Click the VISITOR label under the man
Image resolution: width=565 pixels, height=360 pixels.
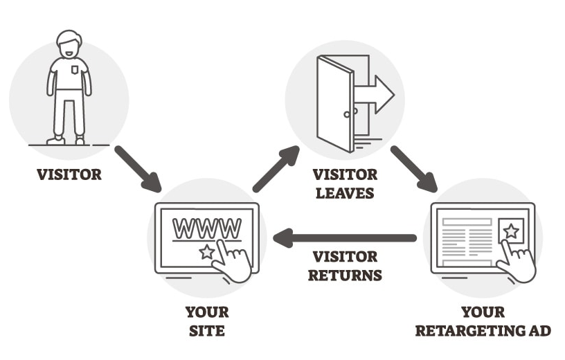69,174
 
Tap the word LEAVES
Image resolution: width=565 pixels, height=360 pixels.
344,192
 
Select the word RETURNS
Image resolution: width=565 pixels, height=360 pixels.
344,275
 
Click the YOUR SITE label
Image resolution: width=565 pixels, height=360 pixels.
208,321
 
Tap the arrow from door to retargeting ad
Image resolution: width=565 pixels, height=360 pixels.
413,168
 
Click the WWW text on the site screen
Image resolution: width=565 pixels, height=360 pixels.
207,227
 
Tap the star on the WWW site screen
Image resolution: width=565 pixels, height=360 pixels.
206,252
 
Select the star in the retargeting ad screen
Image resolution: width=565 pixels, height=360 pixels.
510,231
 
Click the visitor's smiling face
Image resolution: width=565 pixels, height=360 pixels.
69,49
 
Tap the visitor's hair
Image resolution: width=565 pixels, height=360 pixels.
69,36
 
